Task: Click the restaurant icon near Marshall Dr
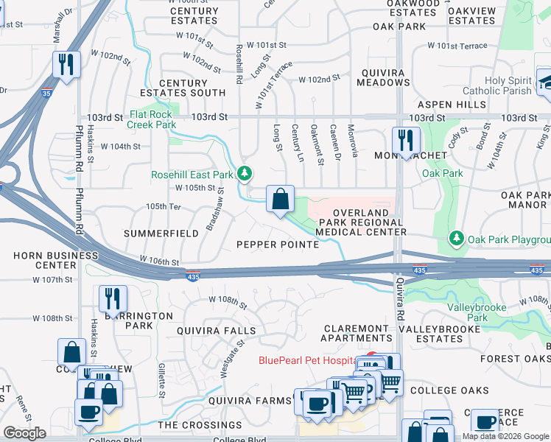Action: coord(66,64)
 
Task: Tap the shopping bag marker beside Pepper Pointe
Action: coord(280,199)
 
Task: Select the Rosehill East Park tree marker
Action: coord(245,174)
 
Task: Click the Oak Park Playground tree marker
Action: coord(457,239)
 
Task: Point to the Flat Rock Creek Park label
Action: coord(152,119)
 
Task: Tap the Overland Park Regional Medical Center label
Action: coord(360,222)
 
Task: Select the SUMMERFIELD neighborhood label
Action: coord(161,233)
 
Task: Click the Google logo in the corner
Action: coord(25,433)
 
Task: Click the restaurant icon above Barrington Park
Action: coord(113,298)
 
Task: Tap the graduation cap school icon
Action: coord(545,81)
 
